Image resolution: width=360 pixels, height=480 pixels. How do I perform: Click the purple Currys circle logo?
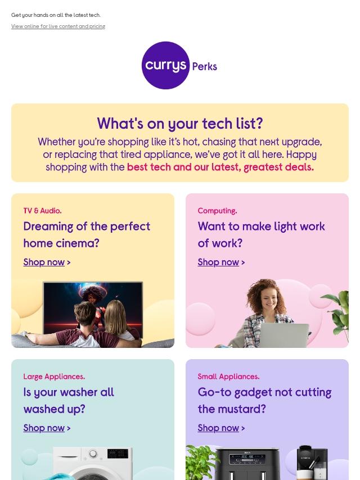[165, 65]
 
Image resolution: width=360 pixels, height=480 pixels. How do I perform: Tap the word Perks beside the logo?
[205, 66]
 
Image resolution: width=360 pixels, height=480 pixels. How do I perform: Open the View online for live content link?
[58, 26]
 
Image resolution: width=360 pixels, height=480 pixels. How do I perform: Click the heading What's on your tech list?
[180, 123]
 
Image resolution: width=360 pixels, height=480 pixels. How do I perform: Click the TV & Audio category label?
[42, 211]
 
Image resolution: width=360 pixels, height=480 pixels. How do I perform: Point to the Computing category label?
[217, 211]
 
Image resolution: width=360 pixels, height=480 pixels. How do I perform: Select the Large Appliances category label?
[54, 377]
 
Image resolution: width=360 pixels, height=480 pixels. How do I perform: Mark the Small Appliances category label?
[228, 377]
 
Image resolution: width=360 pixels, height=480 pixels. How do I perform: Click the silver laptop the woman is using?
[285, 336]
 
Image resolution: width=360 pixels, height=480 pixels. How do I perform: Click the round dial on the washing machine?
[93, 454]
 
